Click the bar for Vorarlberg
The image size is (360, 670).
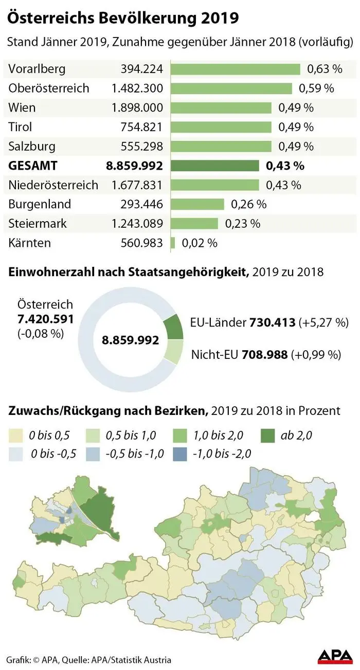235,69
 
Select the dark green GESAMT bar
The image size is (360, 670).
214,166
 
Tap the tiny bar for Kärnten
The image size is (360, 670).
172,243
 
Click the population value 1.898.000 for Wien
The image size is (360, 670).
137,107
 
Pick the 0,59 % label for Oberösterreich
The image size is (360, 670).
316,88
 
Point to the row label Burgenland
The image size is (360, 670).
40,204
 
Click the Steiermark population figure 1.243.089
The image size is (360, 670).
137,224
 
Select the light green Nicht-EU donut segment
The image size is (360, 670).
174,352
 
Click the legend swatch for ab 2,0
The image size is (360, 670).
265,436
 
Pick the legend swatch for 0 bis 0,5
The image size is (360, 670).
16,436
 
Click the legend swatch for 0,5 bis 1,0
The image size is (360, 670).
94,436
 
